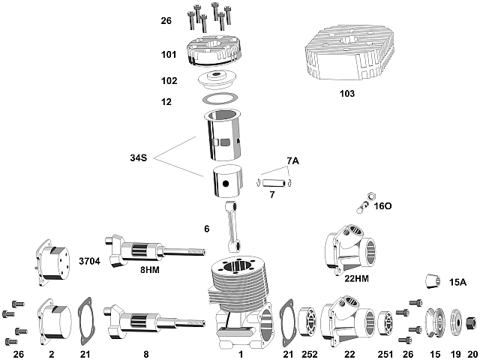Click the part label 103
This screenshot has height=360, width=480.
[346, 94]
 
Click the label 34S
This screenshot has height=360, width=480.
[139, 158]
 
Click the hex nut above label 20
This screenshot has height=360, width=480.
[472, 322]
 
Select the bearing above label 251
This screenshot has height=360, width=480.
[384, 322]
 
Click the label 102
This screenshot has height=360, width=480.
[169, 80]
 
